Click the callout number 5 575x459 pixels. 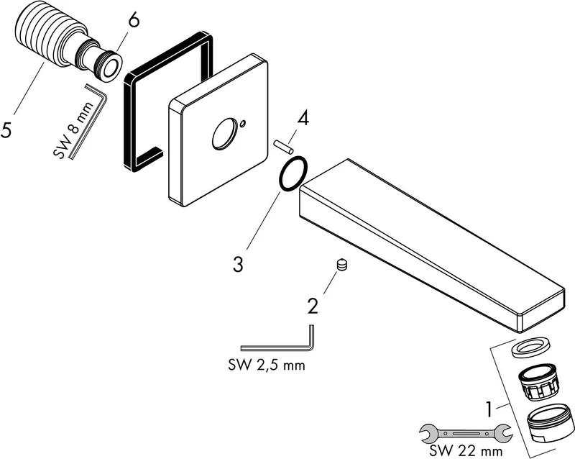pyautogui.click(x=6, y=130)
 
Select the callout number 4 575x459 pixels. pyautogui.click(x=303, y=119)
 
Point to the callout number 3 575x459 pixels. pyautogui.click(x=238, y=264)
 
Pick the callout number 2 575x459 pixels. pyautogui.click(x=313, y=306)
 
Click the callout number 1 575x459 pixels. pyautogui.click(x=489, y=409)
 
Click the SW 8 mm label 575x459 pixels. pyautogui.click(x=74, y=130)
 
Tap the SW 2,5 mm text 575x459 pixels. pyautogui.click(x=267, y=365)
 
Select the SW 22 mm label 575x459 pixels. pyautogui.click(x=466, y=450)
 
